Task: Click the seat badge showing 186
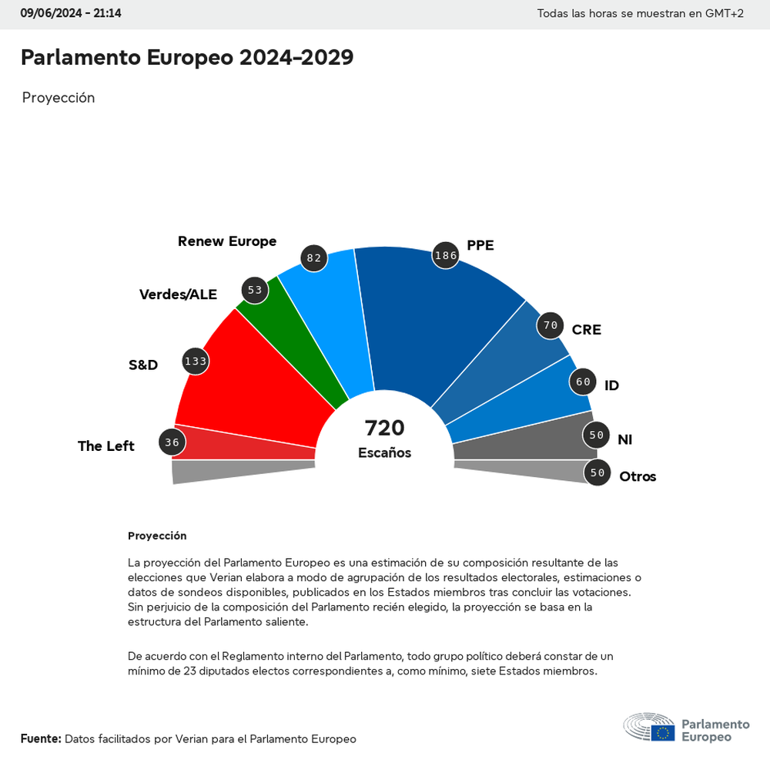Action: pos(446,255)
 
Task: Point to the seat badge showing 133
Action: pos(196,361)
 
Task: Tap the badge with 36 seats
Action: pos(172,442)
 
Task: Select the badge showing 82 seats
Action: pos(314,258)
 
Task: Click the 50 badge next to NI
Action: pos(596,435)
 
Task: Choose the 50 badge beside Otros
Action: pos(597,472)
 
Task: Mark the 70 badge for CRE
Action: pos(550,325)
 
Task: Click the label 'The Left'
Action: pos(106,446)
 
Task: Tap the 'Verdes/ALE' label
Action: pos(178,294)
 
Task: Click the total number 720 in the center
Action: pos(384,428)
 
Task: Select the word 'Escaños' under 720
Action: pos(384,453)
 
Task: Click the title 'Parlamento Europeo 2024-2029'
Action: pos(187,57)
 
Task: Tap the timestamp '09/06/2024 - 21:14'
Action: pos(71,13)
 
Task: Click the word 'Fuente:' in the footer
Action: pos(41,738)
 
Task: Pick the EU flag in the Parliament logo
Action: pos(662,732)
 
